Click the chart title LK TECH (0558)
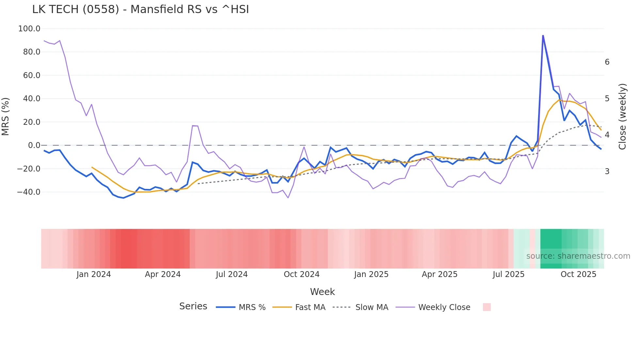[x=140, y=9]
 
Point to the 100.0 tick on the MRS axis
[x=29, y=29]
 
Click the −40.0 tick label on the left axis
[x=28, y=192]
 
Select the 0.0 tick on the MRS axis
[x=34, y=145]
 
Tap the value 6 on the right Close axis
[x=607, y=62]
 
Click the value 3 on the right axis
[x=607, y=171]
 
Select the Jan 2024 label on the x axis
[x=94, y=274]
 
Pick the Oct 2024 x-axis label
[x=301, y=274]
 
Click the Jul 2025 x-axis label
[x=508, y=274]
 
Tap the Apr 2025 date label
[x=440, y=274]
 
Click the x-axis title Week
[x=322, y=292]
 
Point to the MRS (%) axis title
[x=6, y=116]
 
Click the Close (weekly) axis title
[x=622, y=116]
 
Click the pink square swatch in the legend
[x=487, y=307]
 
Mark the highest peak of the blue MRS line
[x=543, y=36]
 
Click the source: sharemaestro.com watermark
[x=578, y=256]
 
